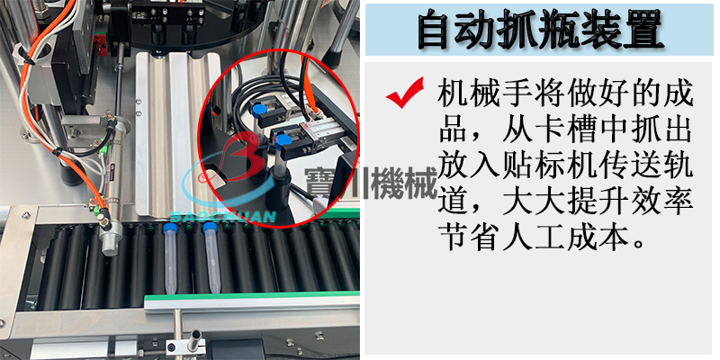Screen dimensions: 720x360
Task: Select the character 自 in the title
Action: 438,30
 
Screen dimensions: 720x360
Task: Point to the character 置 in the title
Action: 642,30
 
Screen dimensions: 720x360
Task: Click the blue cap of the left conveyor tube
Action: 170,229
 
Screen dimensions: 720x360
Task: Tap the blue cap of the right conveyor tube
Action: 210,228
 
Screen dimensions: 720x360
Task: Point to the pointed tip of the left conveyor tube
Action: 171,292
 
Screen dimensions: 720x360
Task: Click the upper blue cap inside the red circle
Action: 259,110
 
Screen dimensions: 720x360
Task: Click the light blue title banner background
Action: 539,30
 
